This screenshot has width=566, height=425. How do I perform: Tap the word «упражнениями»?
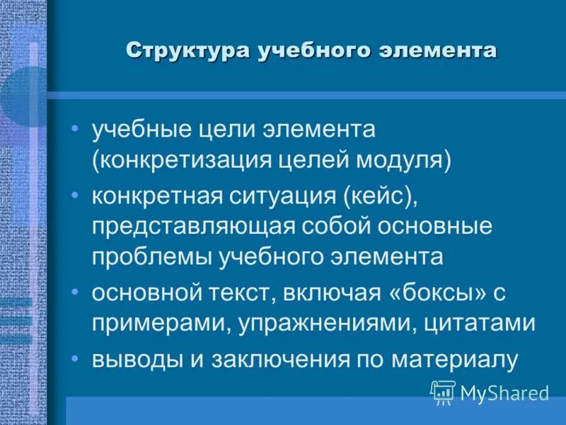point(328,323)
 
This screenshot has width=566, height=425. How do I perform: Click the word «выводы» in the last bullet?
point(133,358)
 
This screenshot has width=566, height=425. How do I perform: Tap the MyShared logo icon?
point(442,392)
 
